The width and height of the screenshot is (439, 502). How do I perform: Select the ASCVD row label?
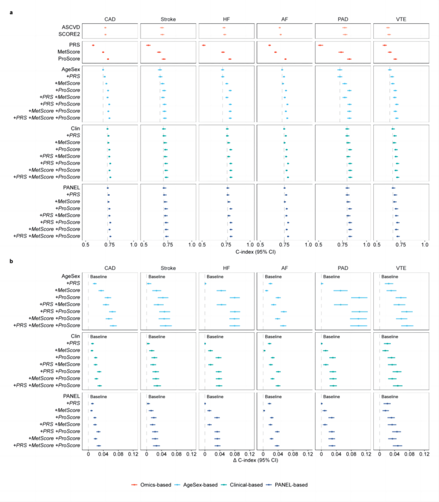[x=71, y=27]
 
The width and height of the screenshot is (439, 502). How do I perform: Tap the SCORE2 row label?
[x=70, y=34]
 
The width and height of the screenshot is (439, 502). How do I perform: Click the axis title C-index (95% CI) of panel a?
[x=256, y=252]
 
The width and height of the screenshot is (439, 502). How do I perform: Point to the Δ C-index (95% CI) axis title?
[x=256, y=462]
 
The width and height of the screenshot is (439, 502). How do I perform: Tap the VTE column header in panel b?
[x=401, y=267]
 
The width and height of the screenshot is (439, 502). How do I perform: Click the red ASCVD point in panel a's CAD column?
[x=105, y=27]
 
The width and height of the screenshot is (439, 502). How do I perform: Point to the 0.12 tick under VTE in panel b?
[x=423, y=454]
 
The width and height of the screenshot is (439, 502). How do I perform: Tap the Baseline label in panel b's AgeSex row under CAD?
[x=99, y=277]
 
